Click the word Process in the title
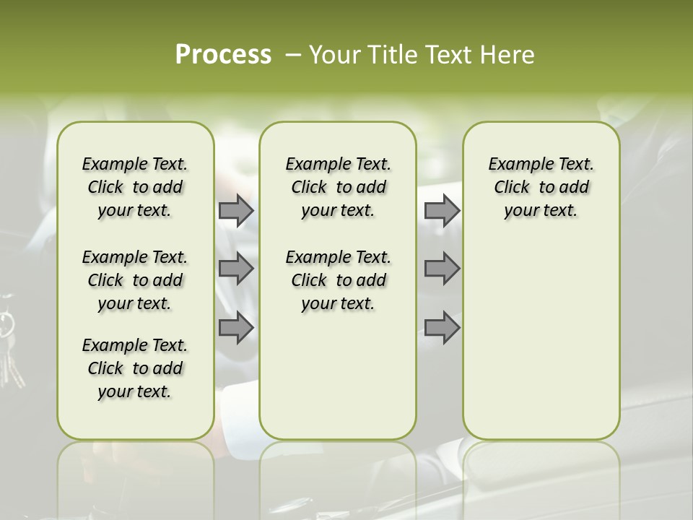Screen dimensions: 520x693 [223, 55]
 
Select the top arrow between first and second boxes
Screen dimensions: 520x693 [236, 210]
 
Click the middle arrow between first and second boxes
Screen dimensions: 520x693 [236, 269]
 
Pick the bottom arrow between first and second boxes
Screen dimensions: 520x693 [236, 328]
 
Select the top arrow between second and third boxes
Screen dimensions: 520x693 [442, 210]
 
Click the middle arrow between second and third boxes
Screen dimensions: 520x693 [442, 269]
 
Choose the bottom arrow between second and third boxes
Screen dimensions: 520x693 [442, 328]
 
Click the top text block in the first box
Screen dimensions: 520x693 [135, 187]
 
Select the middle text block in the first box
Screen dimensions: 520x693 [135, 280]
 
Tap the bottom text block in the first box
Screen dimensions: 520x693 [135, 368]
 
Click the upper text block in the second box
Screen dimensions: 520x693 [338, 187]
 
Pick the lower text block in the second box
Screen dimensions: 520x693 [338, 280]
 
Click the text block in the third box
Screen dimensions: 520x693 [541, 187]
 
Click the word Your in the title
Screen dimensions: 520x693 [335, 55]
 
